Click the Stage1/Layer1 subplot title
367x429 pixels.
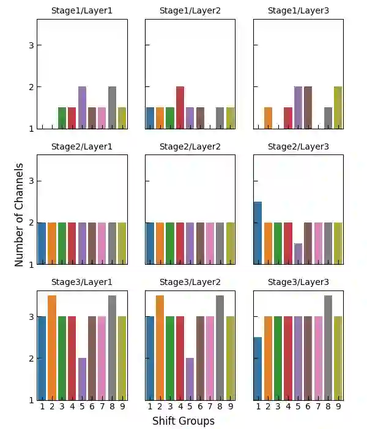pyautogui.click(x=82, y=10)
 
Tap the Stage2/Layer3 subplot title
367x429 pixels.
pyautogui.click(x=298, y=146)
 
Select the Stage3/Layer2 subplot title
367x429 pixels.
pyautogui.click(x=190, y=283)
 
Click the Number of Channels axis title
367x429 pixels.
pyautogui.click(x=20, y=214)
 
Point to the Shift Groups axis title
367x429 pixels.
pyautogui.click(x=183, y=421)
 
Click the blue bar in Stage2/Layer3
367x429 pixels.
pyautogui.click(x=258, y=233)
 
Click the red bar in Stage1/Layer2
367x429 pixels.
pyautogui.click(x=180, y=108)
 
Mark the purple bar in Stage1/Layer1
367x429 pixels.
pyautogui.click(x=82, y=108)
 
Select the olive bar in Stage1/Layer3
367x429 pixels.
pyautogui.click(x=338, y=108)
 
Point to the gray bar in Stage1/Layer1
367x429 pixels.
pyautogui.click(x=113, y=108)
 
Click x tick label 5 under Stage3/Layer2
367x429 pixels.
pyautogui.click(x=190, y=406)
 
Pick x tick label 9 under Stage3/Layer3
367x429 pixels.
pyautogui.click(x=338, y=406)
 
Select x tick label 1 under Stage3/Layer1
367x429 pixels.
pyautogui.click(x=42, y=406)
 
